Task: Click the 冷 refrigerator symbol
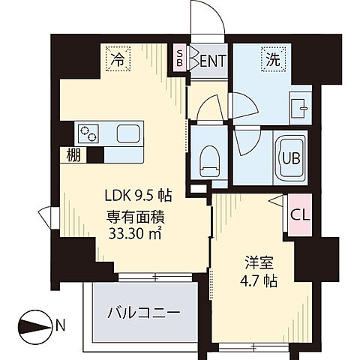(117, 58)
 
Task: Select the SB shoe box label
(180, 58)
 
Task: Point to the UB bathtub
(289, 157)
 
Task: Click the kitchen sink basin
(126, 136)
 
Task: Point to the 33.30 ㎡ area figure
(138, 232)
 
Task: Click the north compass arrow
(35, 325)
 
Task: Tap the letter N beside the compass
(60, 325)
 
